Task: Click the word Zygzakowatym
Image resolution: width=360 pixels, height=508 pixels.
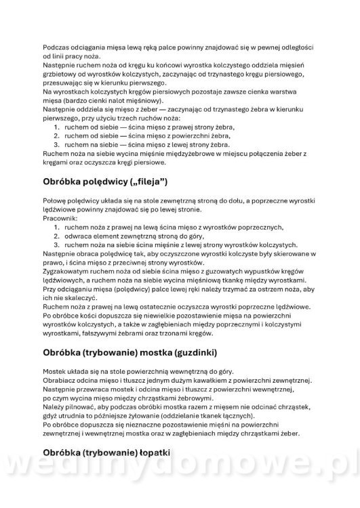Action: (66, 271)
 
